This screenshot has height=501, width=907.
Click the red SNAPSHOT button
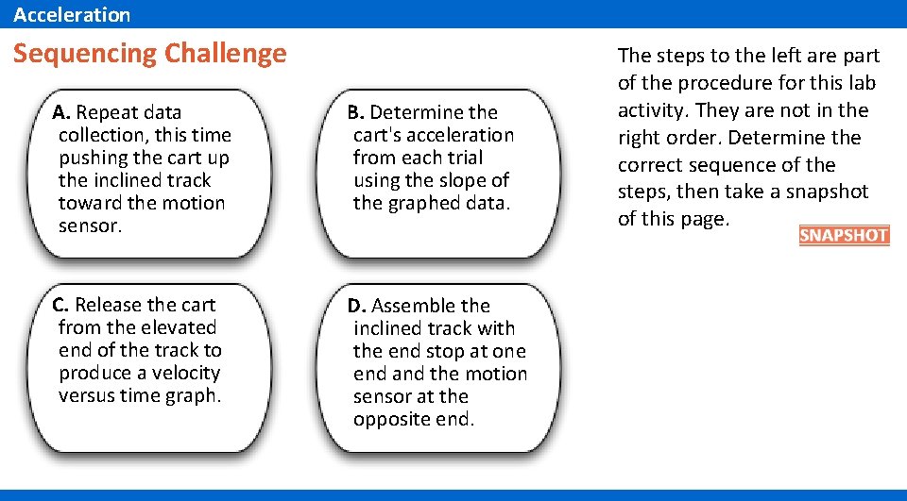844,236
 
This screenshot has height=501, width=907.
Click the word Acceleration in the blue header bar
72,14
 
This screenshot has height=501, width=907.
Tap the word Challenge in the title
225,53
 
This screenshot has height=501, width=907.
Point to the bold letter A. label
61,113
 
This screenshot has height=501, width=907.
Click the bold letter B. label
356,113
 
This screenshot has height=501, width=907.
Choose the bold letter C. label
60,306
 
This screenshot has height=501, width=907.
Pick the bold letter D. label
356,307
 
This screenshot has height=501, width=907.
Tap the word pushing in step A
92,158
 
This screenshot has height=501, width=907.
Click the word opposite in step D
388,419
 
